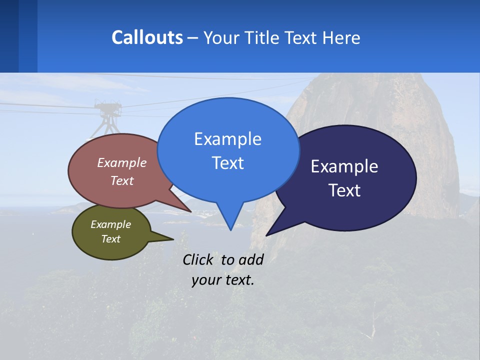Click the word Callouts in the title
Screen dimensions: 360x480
click(x=147, y=37)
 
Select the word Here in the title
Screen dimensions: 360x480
click(x=341, y=37)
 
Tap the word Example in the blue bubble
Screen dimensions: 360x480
click(x=227, y=139)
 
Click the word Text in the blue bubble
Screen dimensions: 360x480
click(x=227, y=163)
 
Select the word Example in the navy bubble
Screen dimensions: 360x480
click(x=344, y=166)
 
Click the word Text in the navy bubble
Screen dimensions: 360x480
click(x=344, y=190)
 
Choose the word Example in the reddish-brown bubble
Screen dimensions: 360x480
click(x=122, y=162)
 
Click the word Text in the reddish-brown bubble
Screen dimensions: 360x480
click(x=122, y=180)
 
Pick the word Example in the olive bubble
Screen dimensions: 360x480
click(x=111, y=224)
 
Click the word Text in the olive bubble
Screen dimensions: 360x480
click(x=111, y=239)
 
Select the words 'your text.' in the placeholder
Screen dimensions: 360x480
click(x=223, y=280)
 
